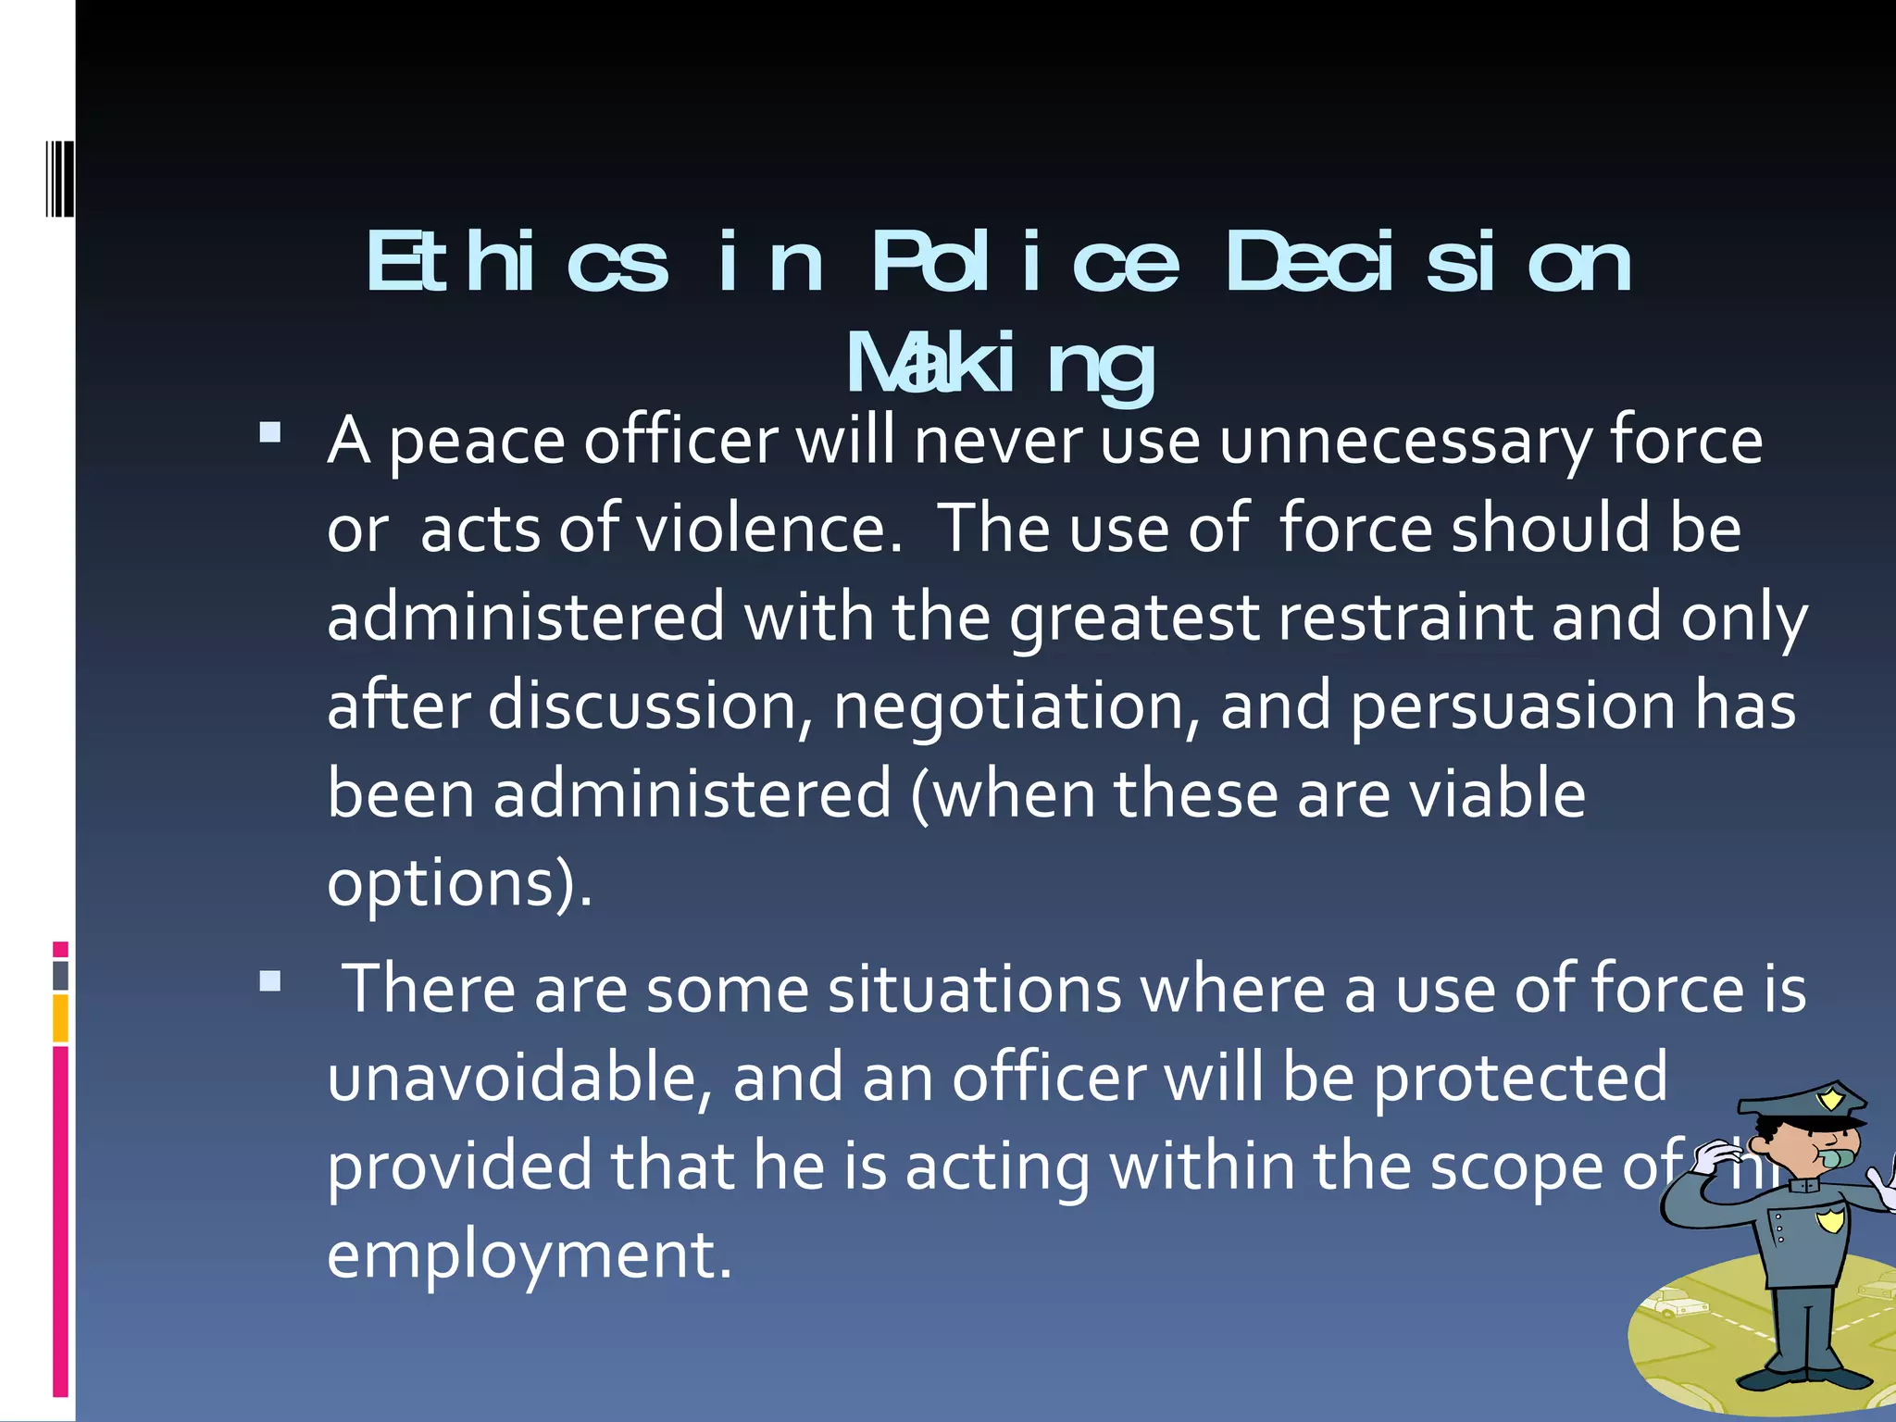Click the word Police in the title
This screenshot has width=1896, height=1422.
[1025, 263]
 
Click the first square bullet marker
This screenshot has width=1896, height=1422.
[270, 432]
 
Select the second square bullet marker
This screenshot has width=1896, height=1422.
[270, 981]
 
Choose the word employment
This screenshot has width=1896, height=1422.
[529, 1255]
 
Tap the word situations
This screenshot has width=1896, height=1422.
[975, 990]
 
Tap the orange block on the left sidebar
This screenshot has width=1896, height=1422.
[61, 1018]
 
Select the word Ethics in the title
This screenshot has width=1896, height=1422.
[517, 263]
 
